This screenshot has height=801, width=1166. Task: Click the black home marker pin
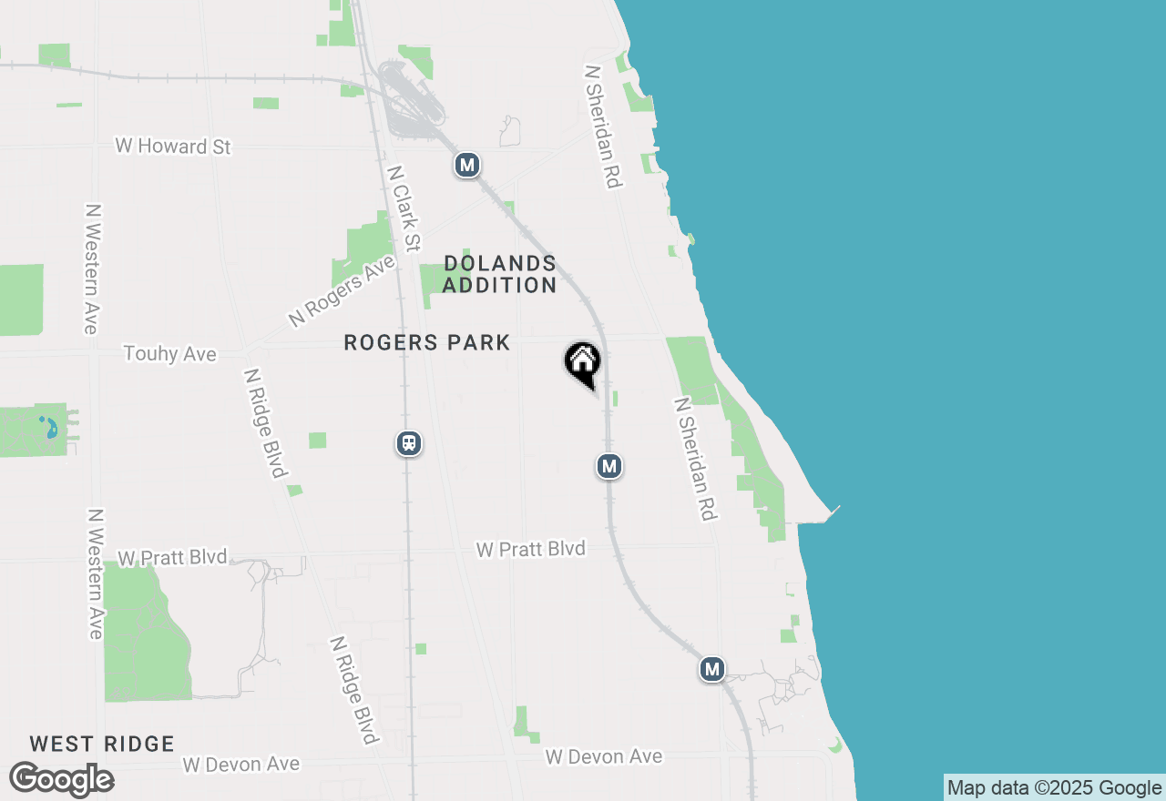pos(582,363)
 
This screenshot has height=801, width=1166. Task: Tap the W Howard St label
pos(173,146)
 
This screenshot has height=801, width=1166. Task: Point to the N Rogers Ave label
pos(343,290)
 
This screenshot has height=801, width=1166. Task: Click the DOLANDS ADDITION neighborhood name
pos(499,274)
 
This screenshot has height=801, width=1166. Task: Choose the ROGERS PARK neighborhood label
pos(427,343)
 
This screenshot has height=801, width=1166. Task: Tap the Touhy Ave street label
pos(170,353)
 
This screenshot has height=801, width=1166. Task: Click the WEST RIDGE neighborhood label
pos(102,744)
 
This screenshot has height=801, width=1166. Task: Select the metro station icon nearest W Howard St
pos(467,165)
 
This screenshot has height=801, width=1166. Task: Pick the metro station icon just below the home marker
pos(609,466)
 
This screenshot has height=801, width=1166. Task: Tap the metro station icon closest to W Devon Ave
pos(712,670)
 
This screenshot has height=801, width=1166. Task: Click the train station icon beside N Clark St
pos(409,443)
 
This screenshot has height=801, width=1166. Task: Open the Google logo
pos(61,780)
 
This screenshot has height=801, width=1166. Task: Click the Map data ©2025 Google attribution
pos(1055,788)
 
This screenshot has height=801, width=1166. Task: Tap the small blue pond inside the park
pos(48,426)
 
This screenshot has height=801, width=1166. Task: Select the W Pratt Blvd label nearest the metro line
pos(531,549)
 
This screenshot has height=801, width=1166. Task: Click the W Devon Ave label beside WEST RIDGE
pos(241,764)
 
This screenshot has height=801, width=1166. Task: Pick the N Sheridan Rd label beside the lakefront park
pos(695,459)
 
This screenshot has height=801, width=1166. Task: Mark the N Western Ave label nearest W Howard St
pos(92,268)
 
